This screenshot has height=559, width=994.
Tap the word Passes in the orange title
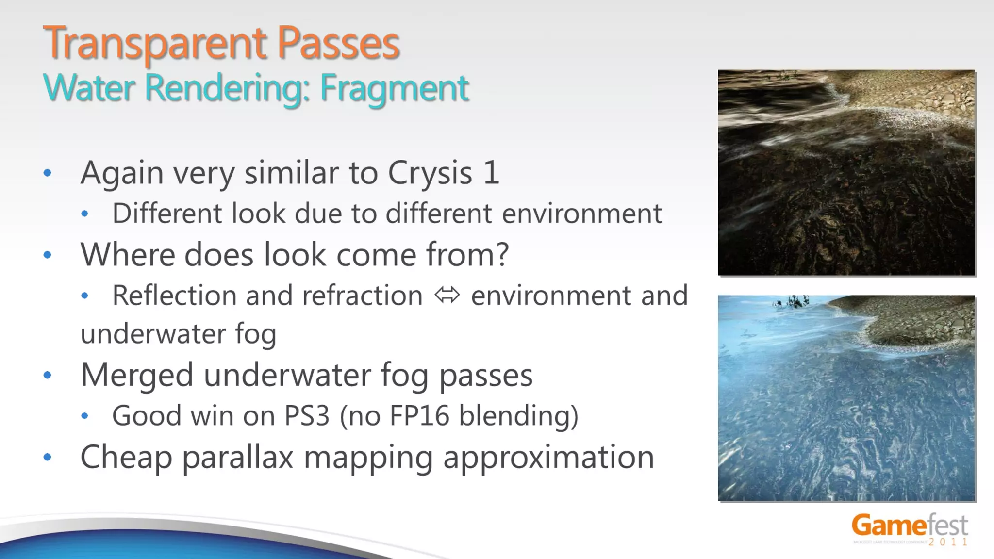pyautogui.click(x=338, y=44)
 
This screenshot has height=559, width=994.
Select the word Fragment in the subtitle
pyautogui.click(x=394, y=89)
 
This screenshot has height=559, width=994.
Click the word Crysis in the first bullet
pyautogui.click(x=430, y=173)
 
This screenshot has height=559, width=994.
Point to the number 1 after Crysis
pyautogui.click(x=491, y=173)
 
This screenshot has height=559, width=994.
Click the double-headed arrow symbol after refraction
pyautogui.click(x=447, y=295)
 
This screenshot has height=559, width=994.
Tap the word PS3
pyautogui.click(x=307, y=416)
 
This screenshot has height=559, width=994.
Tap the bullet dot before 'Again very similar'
pyautogui.click(x=47, y=173)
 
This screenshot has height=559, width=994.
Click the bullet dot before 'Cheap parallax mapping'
pyautogui.click(x=47, y=457)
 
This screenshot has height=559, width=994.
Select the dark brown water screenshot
pyautogui.click(x=846, y=173)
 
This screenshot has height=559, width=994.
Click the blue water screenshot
pyautogui.click(x=846, y=398)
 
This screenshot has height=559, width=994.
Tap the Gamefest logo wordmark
pyautogui.click(x=909, y=526)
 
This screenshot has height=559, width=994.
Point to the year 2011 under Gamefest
pyautogui.click(x=948, y=542)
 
